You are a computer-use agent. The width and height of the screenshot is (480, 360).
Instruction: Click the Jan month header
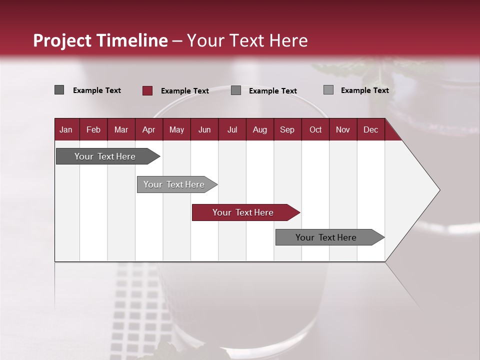(66, 129)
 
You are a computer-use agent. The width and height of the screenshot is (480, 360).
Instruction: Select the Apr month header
(149, 129)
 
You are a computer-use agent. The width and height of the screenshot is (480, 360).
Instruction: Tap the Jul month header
(232, 129)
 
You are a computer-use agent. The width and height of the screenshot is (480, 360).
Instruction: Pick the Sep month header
(287, 129)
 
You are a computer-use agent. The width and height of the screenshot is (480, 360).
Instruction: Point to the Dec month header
(370, 129)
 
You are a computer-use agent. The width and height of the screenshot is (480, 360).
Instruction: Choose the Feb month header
(93, 129)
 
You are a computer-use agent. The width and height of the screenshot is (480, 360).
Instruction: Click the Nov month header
(343, 129)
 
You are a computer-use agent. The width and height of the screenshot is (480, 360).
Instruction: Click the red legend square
(147, 90)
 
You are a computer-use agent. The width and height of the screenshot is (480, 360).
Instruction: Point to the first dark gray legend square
(59, 90)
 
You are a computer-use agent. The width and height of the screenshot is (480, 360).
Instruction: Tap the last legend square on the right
(328, 90)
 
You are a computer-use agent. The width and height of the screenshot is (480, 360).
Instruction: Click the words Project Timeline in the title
(100, 40)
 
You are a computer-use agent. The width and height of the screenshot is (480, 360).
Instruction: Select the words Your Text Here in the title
(247, 40)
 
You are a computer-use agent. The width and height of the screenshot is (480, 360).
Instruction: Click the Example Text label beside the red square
(185, 91)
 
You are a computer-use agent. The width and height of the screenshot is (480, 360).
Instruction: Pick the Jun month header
(204, 129)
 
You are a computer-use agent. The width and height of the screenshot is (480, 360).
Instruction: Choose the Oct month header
(315, 129)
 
